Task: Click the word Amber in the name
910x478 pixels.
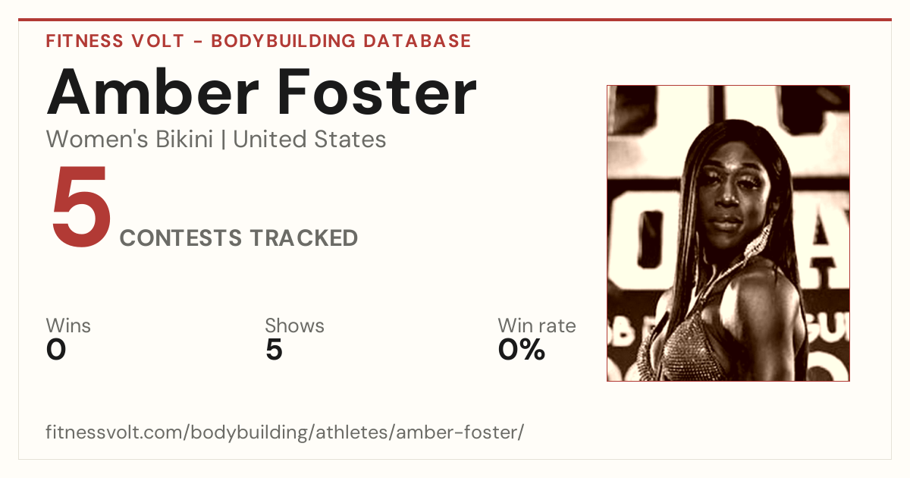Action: [x=152, y=93]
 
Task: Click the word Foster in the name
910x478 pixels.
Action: [x=377, y=93]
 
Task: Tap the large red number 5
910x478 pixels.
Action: [x=81, y=206]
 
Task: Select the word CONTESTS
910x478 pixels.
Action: [x=180, y=237]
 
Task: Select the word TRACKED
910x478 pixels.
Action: [x=304, y=237]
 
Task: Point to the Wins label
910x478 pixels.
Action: [x=68, y=325]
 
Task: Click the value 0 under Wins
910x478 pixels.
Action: [x=56, y=350]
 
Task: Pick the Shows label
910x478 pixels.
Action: [x=294, y=325]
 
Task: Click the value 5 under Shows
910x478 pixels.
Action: [x=275, y=350]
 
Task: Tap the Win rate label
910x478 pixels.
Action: [x=537, y=325]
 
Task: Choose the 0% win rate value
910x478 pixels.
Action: [x=522, y=350]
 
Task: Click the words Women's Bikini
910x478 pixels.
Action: [x=130, y=139]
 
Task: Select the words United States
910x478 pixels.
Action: [x=309, y=139]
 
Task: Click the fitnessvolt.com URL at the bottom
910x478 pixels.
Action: [x=285, y=432]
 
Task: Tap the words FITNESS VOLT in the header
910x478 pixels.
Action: [x=115, y=41]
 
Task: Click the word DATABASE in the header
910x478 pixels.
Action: [x=417, y=41]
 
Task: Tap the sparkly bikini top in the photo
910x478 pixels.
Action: [x=686, y=350]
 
